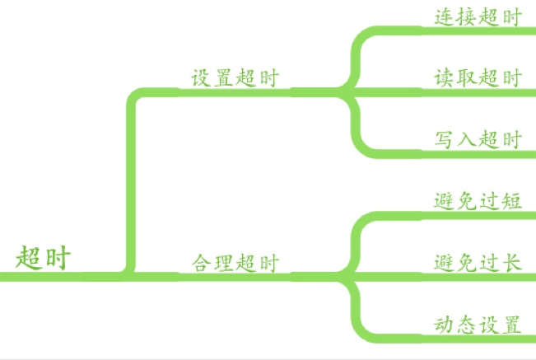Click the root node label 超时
(44, 258)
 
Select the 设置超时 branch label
(235, 78)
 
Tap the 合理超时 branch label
(235, 264)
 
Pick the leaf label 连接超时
(478, 16)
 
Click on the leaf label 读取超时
(478, 78)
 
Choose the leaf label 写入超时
(478, 140)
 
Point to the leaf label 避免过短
(478, 201)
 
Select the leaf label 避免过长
(478, 264)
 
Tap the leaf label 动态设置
(478, 325)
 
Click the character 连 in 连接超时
(445, 16)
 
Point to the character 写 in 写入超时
(445, 140)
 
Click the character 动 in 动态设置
(445, 325)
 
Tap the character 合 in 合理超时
(203, 264)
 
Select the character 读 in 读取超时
(445, 78)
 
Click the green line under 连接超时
(478, 31)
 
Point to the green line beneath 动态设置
(478, 338)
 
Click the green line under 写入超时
(478, 153)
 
